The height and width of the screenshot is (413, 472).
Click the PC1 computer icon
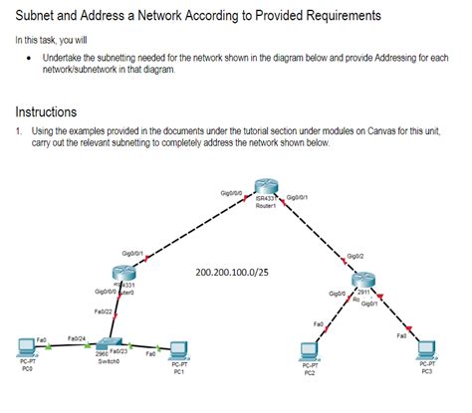pyautogui.click(x=178, y=350)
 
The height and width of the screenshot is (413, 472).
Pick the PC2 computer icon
pyautogui.click(x=310, y=350)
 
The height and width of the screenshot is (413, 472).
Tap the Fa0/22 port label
pyautogui.click(x=102, y=311)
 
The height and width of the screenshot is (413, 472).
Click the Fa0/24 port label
pyautogui.click(x=76, y=338)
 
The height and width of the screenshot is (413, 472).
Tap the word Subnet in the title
pyautogui.click(x=38, y=17)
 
